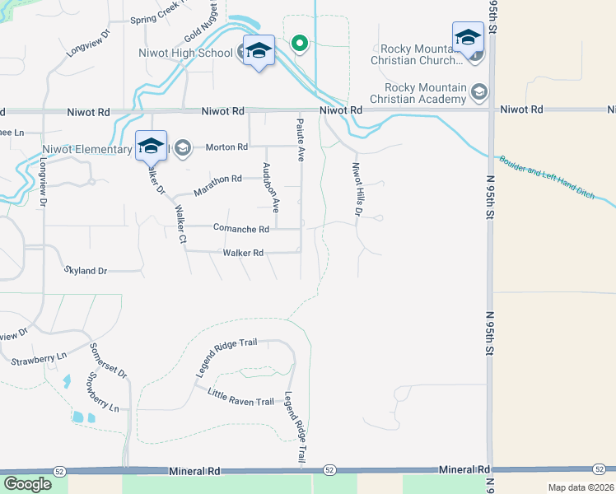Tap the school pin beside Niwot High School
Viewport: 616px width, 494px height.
[259, 51]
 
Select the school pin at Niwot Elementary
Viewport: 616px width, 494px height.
[151, 147]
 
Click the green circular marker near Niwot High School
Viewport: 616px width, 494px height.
[300, 43]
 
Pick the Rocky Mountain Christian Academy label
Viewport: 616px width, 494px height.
[418, 94]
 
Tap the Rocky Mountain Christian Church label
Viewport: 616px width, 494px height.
[418, 55]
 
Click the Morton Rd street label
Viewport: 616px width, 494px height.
[226, 147]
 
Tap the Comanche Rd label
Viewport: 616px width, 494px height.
[241, 229]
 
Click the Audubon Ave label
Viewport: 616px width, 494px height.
[270, 189]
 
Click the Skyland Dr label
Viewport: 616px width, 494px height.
[86, 270]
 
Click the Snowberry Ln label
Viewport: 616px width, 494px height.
[103, 394]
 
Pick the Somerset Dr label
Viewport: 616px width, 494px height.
[108, 361]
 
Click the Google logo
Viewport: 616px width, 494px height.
[27, 484]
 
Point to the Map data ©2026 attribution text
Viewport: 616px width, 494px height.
[581, 487]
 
